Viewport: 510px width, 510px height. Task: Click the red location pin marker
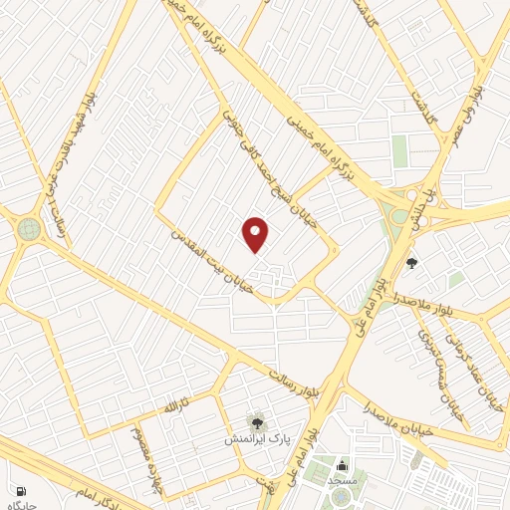pos(256,234)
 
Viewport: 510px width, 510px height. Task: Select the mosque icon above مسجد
pos(343,465)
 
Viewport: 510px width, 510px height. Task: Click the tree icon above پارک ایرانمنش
pos(257,422)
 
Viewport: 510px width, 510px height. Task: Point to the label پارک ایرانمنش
pos(256,438)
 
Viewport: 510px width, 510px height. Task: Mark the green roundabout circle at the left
pos(29,229)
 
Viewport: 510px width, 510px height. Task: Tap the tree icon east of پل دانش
pos(412,263)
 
